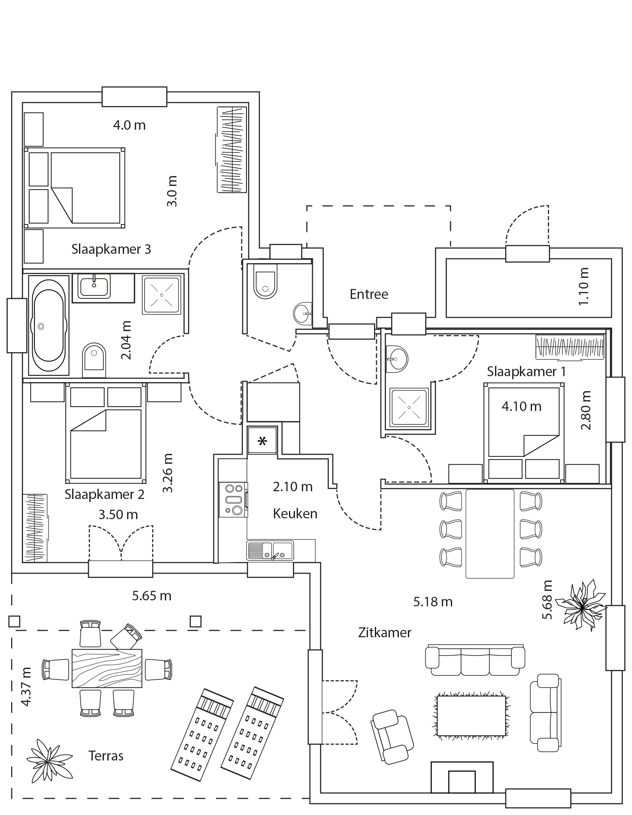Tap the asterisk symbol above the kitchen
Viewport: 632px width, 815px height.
[262, 441]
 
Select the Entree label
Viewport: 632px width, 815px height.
[368, 294]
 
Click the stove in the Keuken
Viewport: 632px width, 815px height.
[233, 499]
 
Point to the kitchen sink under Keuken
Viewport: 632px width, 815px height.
[270, 550]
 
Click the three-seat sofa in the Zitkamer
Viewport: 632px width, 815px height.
[474, 657]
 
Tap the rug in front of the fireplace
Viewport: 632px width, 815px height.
[471, 716]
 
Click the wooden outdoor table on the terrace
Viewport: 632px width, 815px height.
[106, 669]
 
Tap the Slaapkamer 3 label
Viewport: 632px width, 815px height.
[111, 249]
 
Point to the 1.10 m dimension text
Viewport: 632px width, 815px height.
[583, 286]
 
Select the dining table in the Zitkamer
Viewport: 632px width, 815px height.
[489, 533]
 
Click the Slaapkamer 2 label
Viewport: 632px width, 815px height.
[104, 494]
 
